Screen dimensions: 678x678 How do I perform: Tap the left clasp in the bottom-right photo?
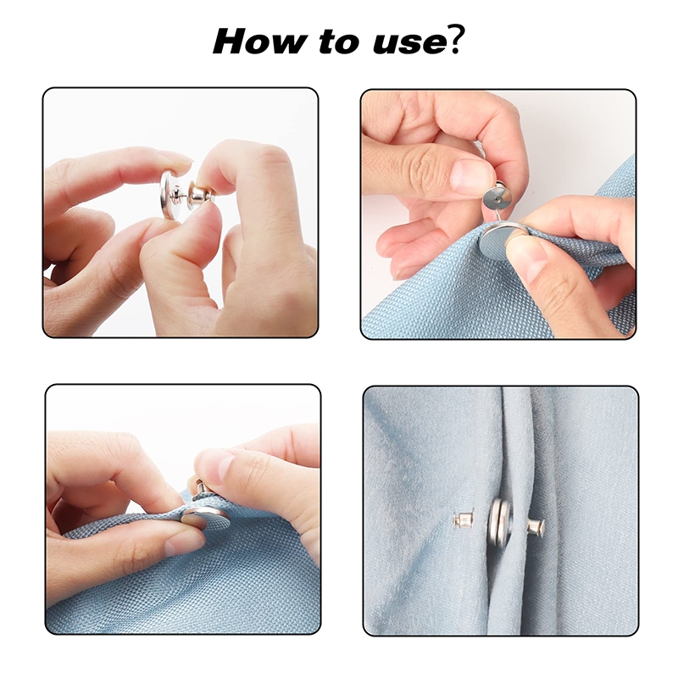click(x=463, y=518)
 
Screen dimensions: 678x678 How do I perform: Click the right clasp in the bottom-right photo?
click(x=536, y=527)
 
